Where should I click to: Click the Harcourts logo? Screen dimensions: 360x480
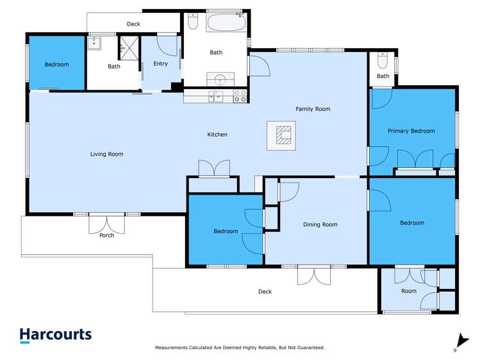pos(55,335)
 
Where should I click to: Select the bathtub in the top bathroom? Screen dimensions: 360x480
pos(226,23)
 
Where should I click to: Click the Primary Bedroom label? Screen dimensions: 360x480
pos(411,131)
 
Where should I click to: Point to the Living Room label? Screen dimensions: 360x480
pos(106,154)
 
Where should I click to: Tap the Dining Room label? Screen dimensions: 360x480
pos(320,225)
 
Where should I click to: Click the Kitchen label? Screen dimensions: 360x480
pos(217,135)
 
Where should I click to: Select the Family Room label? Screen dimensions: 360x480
pos(313,109)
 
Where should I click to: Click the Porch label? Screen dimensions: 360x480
pos(106,236)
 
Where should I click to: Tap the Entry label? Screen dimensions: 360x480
pos(160,64)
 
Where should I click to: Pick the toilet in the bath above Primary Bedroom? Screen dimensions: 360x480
pos(383,61)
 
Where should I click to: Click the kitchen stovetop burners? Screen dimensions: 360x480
pos(240,97)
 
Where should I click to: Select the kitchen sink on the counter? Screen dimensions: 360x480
pos(218,97)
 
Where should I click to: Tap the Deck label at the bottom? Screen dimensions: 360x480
pos(265,292)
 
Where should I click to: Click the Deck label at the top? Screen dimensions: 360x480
pos(133,24)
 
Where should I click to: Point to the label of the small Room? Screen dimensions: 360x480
pos(409,291)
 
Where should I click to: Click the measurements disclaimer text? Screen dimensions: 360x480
pos(240,348)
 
